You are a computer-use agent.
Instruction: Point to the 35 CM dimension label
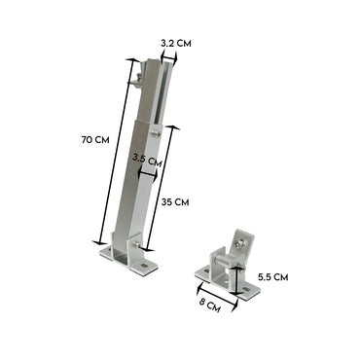173,202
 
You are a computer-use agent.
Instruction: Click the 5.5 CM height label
273,275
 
